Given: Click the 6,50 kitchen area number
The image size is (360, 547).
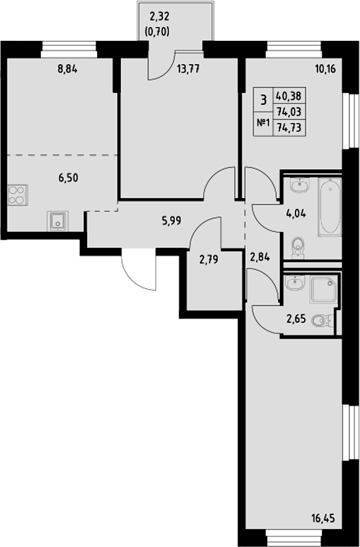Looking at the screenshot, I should click(x=68, y=178).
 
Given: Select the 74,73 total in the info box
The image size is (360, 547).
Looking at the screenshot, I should click(x=288, y=125).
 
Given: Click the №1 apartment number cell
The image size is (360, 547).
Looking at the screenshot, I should click(x=263, y=123).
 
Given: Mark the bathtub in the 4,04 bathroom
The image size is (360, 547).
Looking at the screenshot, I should click(x=329, y=207).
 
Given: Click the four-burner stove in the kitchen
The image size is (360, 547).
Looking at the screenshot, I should click(x=18, y=195).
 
